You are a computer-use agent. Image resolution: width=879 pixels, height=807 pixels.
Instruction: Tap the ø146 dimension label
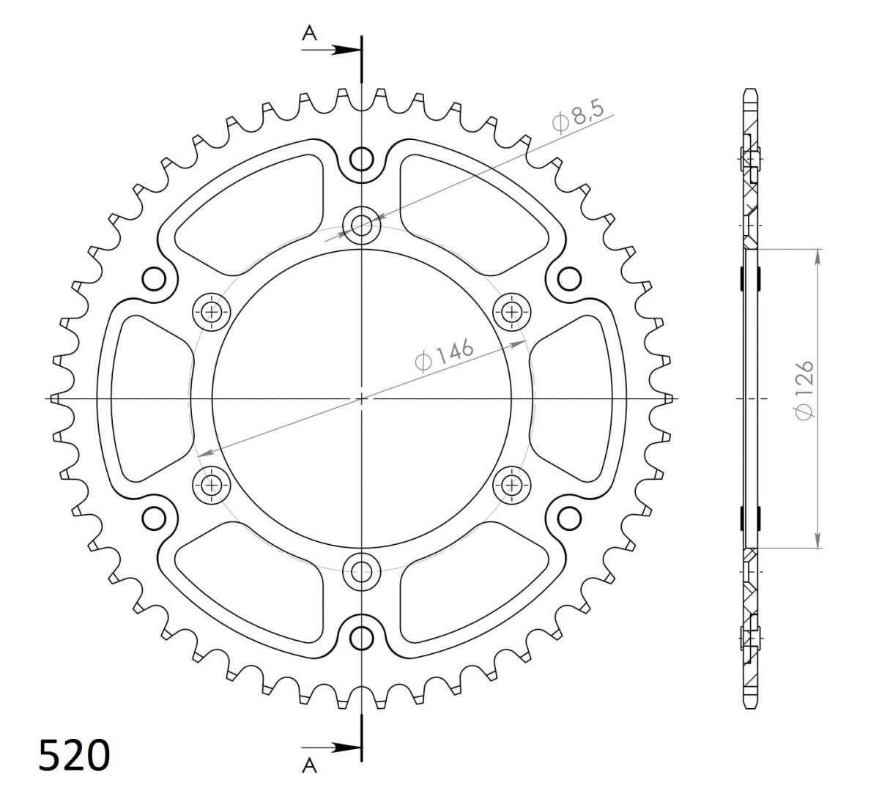pos(445,355)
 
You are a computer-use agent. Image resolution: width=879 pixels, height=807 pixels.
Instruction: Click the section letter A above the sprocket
pos(310,32)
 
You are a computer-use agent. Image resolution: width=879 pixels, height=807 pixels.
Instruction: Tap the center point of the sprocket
pos(361,398)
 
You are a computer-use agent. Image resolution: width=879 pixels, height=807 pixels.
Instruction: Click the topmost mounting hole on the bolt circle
pos(361,225)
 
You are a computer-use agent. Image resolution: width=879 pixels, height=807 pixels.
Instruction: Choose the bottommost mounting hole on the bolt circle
pos(361,570)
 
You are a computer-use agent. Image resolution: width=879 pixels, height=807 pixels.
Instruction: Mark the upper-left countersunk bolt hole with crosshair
pos(212,313)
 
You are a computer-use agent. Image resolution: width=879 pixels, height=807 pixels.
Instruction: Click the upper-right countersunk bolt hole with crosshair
pos(511,313)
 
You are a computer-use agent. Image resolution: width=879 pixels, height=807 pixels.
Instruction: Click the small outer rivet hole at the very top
pos(361,158)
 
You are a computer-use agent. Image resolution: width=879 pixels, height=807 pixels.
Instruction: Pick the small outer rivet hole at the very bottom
pos(361,638)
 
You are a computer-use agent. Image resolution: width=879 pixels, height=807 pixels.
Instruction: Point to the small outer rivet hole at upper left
pos(154,278)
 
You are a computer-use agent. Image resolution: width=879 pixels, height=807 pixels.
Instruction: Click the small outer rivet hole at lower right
pos(568,518)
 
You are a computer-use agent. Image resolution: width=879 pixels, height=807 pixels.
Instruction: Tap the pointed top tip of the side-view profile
pos(751,90)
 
